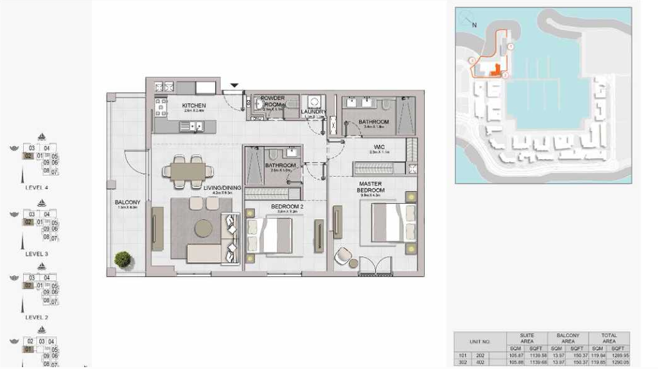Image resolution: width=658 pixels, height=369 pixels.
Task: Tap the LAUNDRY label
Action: [313, 112]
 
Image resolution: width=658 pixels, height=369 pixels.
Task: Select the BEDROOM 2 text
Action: [286, 206]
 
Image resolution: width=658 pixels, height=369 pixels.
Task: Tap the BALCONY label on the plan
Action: [128, 202]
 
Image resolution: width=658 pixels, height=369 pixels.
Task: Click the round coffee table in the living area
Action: [203, 229]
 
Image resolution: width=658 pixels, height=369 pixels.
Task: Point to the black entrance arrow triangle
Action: [235, 85]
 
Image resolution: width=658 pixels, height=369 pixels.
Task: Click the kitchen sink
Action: [191, 127]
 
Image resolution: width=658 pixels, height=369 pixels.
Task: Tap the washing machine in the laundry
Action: [312, 102]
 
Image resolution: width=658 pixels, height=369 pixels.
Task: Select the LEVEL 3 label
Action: [36, 254]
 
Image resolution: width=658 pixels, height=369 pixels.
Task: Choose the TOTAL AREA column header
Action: [609, 338]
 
